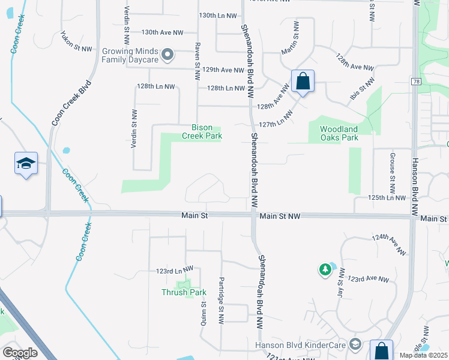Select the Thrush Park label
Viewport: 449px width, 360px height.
[x=184, y=293]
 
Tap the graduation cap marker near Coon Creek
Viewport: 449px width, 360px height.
[x=26, y=164]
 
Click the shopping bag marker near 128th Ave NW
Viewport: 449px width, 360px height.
[x=303, y=81]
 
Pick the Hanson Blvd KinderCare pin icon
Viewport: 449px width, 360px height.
[x=355, y=344]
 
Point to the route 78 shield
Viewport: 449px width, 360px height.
[x=415, y=81]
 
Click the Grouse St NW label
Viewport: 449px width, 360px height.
[x=393, y=168]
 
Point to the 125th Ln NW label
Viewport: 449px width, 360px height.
[x=387, y=197]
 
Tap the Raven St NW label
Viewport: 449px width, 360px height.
[x=197, y=62]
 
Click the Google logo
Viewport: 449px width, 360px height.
[x=20, y=353]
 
